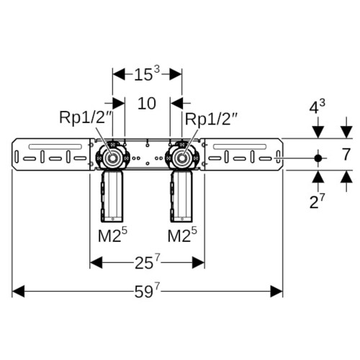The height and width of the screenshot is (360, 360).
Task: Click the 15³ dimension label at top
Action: (x=147, y=73)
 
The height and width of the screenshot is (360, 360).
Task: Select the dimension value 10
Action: (x=147, y=104)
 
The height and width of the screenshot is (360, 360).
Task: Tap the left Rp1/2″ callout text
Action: (x=86, y=117)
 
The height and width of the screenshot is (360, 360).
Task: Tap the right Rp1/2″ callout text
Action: (x=211, y=119)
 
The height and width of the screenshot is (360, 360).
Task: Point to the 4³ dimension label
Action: (x=317, y=107)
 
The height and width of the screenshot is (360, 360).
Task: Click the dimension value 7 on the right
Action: (x=346, y=155)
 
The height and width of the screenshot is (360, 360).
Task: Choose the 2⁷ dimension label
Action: (x=317, y=201)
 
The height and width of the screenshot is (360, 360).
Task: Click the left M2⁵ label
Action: (x=112, y=235)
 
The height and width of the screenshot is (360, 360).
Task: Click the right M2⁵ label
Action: (x=182, y=235)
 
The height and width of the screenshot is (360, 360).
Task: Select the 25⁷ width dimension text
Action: (x=147, y=262)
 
